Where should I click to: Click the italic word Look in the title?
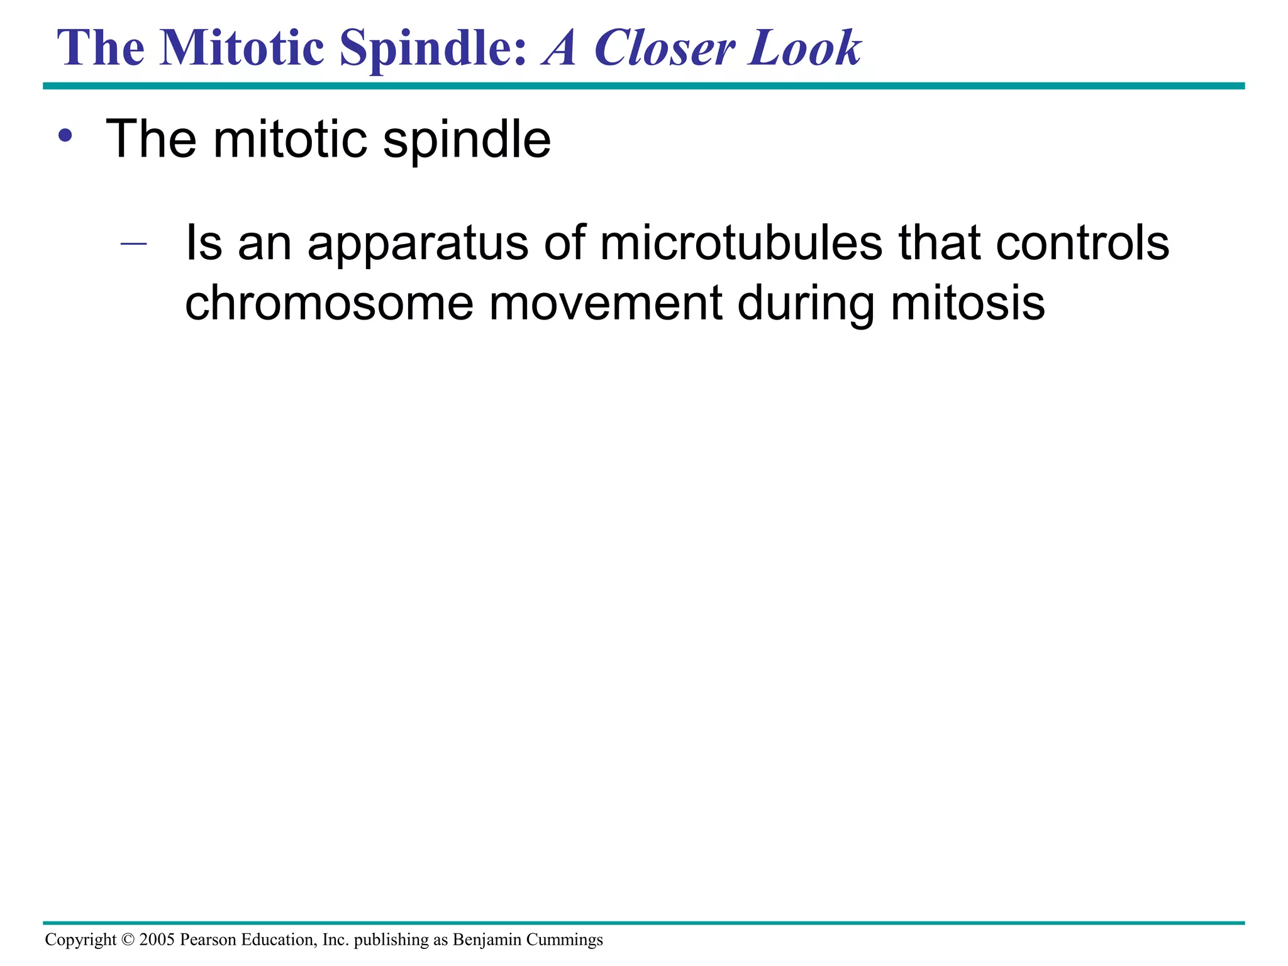(x=804, y=48)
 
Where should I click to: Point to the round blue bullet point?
(x=65, y=136)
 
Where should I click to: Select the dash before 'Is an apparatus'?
(x=133, y=243)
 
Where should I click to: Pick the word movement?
(x=605, y=304)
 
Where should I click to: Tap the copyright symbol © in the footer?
(x=128, y=940)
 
